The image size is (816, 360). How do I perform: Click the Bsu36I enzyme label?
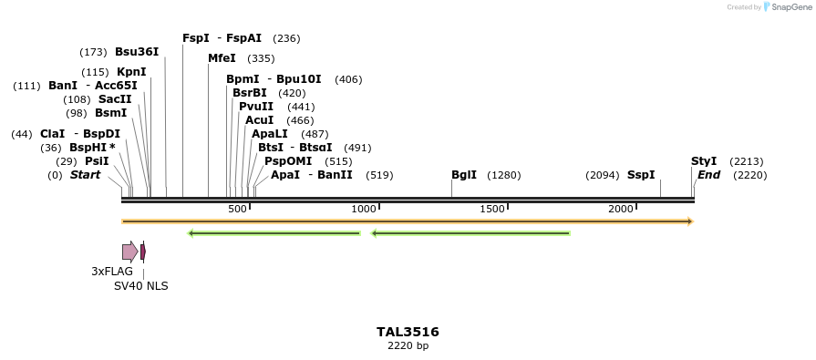[137, 52]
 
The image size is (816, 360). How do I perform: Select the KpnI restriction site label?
[131, 72]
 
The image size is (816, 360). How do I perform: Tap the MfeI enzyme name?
[222, 58]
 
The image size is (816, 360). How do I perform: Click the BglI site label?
[464, 175]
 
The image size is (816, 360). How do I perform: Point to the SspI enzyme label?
[641, 175]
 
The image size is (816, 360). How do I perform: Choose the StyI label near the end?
[704, 161]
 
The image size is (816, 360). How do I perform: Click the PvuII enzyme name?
[256, 107]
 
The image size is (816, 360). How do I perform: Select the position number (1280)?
[504, 175]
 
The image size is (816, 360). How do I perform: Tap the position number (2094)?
[603, 175]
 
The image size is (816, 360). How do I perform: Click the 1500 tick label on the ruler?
[492, 210]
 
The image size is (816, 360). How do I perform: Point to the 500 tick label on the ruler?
[237, 210]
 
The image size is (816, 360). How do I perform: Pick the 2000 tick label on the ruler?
[621, 210]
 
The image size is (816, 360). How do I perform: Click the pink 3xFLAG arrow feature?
[129, 252]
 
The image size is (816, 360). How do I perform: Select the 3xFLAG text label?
[112, 272]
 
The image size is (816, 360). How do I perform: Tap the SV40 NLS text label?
[140, 286]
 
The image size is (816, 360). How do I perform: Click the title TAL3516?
[408, 332]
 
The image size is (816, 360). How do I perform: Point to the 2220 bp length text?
[408, 346]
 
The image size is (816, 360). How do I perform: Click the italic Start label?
[86, 175]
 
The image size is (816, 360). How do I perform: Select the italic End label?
[709, 175]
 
